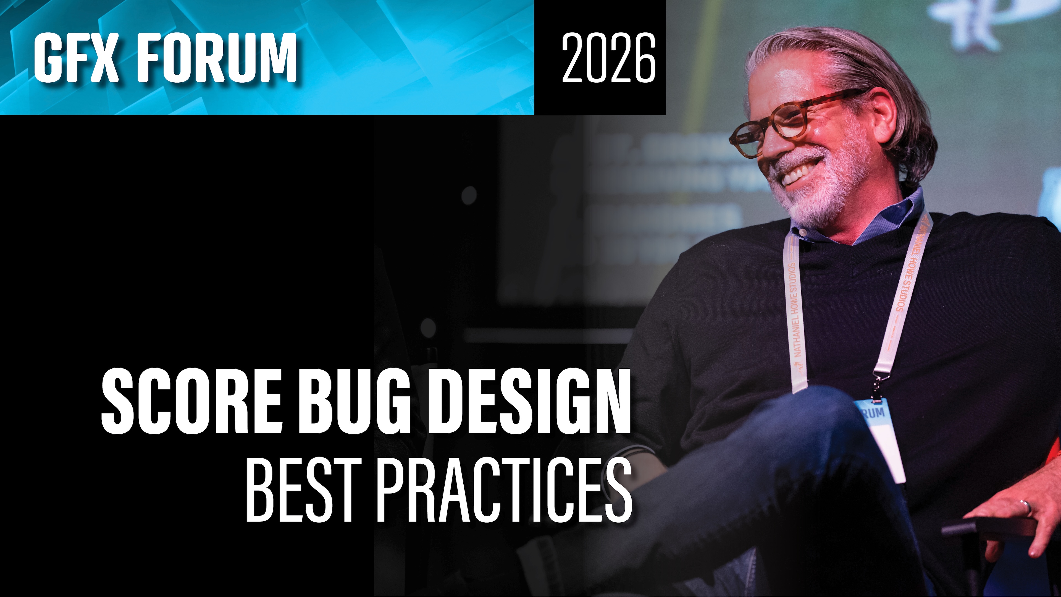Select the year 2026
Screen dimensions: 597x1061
(x=608, y=58)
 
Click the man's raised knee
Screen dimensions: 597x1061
(x=820, y=408)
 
